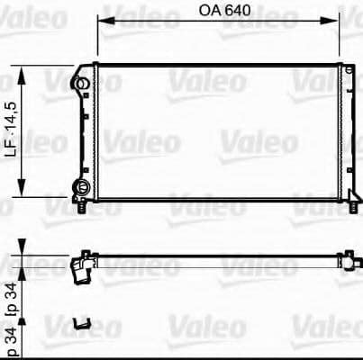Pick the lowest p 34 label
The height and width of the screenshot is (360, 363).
click(x=12, y=343)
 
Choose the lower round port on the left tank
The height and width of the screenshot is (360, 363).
click(x=81, y=187)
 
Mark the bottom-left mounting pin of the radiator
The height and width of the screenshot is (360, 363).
click(x=84, y=207)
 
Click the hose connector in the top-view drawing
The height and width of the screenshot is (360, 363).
click(x=82, y=267)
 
